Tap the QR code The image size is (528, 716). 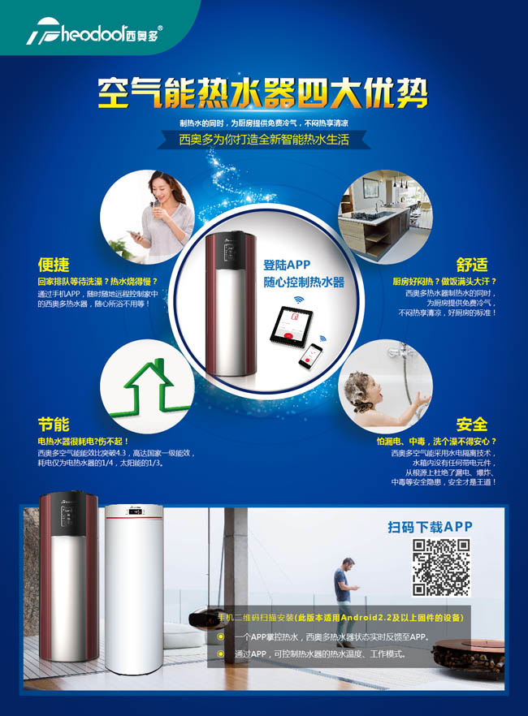(x=441, y=567)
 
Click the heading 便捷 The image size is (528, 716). (x=54, y=265)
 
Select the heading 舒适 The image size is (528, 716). (x=472, y=265)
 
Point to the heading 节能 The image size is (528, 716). (x=54, y=424)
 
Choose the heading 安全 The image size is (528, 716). (x=472, y=424)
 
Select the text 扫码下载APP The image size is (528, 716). (x=430, y=527)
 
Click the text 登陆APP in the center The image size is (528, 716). (x=287, y=265)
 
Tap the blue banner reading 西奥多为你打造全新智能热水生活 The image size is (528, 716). (x=263, y=140)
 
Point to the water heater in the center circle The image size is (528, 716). (x=231, y=304)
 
